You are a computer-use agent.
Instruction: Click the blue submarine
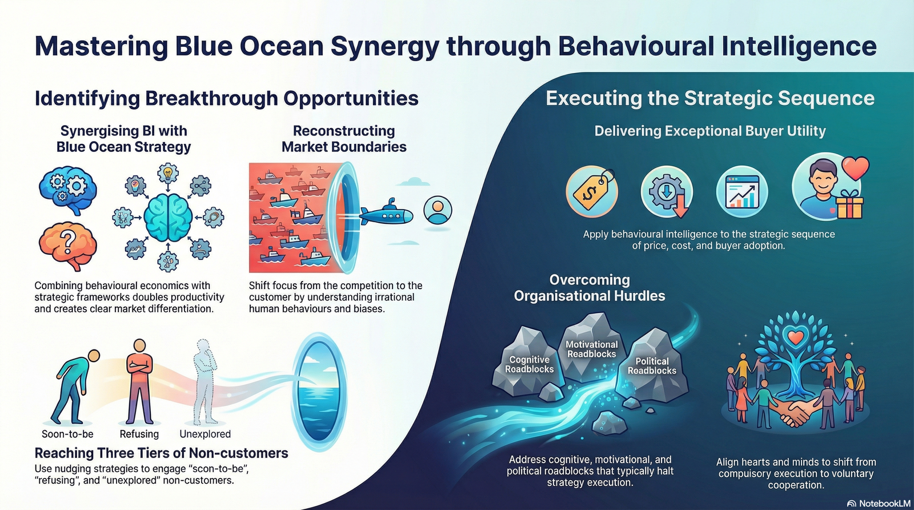386,215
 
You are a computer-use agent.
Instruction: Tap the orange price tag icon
592,191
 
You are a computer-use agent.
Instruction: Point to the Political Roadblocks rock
652,366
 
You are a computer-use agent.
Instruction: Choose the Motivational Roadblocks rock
591,349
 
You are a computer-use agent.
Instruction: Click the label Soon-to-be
67,434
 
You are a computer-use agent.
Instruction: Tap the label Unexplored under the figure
205,434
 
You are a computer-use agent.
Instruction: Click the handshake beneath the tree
795,412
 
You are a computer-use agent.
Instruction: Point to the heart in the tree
795,338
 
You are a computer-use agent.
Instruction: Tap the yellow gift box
849,206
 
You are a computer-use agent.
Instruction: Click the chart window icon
742,192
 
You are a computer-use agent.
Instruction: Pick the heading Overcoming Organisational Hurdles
590,288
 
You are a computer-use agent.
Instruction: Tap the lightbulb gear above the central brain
168,172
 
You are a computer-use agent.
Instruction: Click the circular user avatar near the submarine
438,210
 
